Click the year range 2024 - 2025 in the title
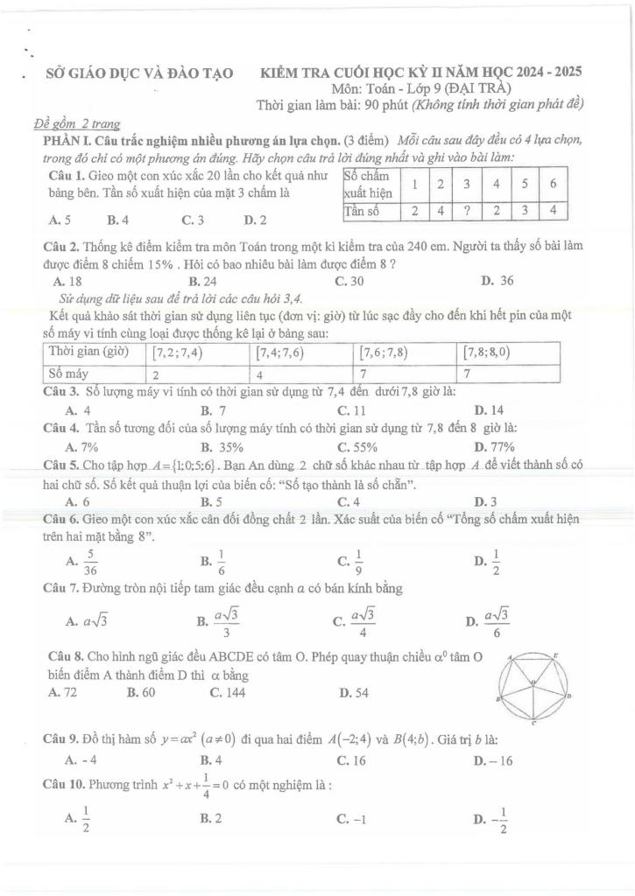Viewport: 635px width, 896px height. tap(541, 73)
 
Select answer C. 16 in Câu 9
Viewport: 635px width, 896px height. tap(349, 759)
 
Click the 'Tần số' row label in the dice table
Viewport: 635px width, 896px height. tap(361, 210)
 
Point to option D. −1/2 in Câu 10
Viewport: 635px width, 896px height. tap(490, 820)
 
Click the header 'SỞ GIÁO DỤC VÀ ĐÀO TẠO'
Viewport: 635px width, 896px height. tap(139, 73)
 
